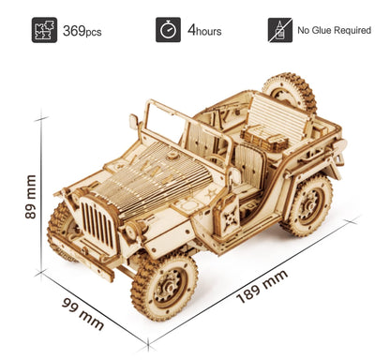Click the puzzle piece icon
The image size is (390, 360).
pos(44,30)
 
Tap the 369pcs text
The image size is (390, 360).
pos(82,30)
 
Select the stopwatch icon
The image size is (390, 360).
pos(168,30)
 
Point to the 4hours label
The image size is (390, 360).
pos(204,30)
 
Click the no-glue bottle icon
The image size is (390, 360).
pos(279,30)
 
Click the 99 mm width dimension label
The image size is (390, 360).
pos(82,313)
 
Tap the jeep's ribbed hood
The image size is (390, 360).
pos(150,177)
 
